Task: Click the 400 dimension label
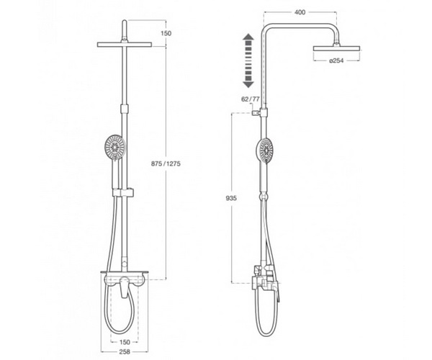tap(300, 12)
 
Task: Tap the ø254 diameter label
tap(336, 60)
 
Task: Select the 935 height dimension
tap(231, 198)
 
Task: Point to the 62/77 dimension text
tap(250, 99)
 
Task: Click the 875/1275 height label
tap(166, 163)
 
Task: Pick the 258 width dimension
tap(125, 352)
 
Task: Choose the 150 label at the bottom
tap(125, 342)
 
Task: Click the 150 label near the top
tap(166, 33)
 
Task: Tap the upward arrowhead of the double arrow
tap(248, 37)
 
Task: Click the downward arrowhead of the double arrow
tap(248, 84)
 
